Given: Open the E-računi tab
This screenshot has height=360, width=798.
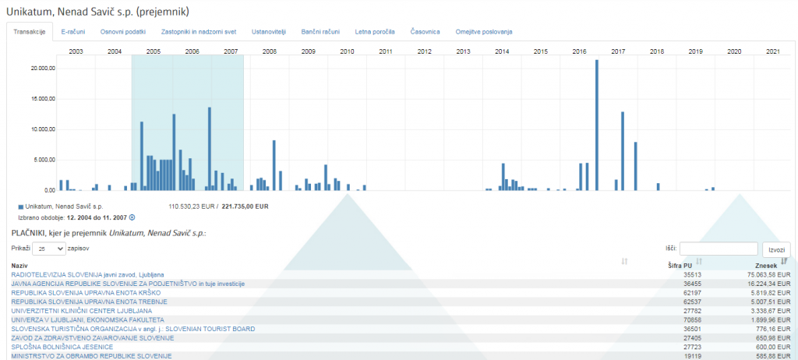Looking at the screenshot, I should coord(73,32).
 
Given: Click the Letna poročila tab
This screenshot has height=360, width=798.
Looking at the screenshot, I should coord(374,32).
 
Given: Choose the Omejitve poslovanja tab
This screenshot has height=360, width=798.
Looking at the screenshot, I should coord(484,32).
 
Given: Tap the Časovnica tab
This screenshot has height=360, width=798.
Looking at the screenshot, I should coord(425,32).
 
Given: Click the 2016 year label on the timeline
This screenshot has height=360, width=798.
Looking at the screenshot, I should coord(579,51).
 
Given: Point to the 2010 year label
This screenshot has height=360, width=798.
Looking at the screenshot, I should coord(347,51).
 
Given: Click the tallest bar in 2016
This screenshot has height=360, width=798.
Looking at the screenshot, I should coord(597,125).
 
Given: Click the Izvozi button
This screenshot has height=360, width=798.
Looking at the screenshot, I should coord(776,249).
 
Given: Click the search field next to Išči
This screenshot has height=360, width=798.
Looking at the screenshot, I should coord(719,249).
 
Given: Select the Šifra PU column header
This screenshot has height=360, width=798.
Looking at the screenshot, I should coord(680,266).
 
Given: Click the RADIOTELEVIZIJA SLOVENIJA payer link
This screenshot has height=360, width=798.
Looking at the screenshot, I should coord(87,274).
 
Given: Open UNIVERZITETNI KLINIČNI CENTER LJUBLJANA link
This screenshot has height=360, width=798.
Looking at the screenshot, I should coord(82,310).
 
